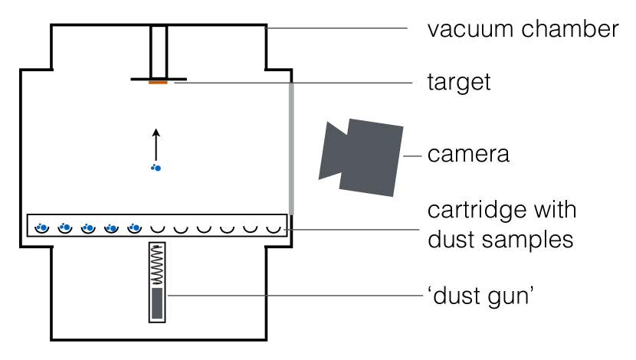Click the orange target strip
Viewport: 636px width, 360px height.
pyautogui.click(x=158, y=82)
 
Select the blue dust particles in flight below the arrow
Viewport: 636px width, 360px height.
pyautogui.click(x=156, y=167)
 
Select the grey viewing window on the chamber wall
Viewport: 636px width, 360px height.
pyautogui.click(x=291, y=146)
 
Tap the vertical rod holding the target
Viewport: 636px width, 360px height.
pyautogui.click(x=159, y=51)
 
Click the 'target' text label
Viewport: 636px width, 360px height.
pyautogui.click(x=458, y=81)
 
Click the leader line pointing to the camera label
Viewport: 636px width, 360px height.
pyautogui.click(x=414, y=155)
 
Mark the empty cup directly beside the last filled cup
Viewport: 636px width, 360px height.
pyautogui.click(x=158, y=227)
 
